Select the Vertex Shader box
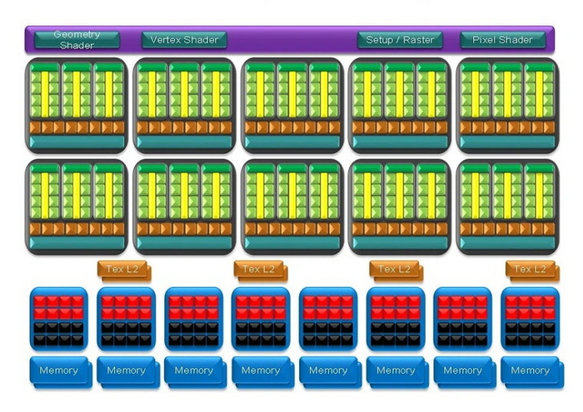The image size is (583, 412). pyautogui.click(x=184, y=40)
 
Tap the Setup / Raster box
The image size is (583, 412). pyautogui.click(x=401, y=40)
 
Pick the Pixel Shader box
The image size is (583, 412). pyautogui.click(x=503, y=40)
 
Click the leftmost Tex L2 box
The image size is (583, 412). pyautogui.click(x=122, y=269)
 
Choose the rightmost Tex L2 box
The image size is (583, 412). pyautogui.click(x=530, y=269)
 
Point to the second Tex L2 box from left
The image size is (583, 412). pyautogui.click(x=258, y=269)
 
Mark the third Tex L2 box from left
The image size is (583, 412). pyautogui.click(x=394, y=269)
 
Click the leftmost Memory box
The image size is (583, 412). pyautogui.click(x=58, y=371)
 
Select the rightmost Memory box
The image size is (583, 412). pyautogui.click(x=530, y=371)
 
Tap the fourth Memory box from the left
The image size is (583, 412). pyautogui.click(x=261, y=371)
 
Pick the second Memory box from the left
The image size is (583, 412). pyautogui.click(x=126, y=371)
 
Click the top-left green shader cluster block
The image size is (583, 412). pyautogui.click(x=77, y=105)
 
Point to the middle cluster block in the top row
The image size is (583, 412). pyautogui.click(x=291, y=105)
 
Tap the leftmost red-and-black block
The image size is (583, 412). pyautogui.click(x=58, y=319)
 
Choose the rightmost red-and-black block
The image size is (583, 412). pyautogui.click(x=530, y=319)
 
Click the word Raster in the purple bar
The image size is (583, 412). pyautogui.click(x=417, y=40)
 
